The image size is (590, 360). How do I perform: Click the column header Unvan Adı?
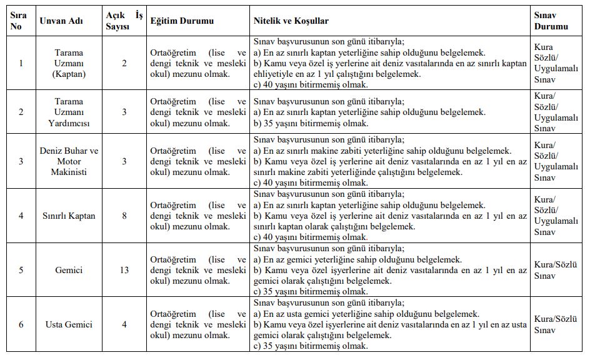click(x=60, y=21)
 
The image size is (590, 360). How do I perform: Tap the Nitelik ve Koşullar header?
click(x=291, y=21)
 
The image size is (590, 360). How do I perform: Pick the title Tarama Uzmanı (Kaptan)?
click(x=69, y=63)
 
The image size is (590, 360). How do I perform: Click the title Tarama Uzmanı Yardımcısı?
click(x=69, y=112)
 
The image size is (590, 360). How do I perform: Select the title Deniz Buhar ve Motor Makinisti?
click(x=69, y=161)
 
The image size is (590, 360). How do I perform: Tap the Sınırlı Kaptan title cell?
click(x=69, y=216)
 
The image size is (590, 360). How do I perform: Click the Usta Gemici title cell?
click(x=69, y=324)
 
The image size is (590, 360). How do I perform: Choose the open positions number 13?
click(x=124, y=270)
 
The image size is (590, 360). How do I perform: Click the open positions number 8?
click(x=124, y=216)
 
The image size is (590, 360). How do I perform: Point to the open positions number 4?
click(x=124, y=324)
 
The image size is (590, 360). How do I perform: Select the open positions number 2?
click(x=124, y=63)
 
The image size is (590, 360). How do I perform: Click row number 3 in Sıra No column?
click(x=21, y=161)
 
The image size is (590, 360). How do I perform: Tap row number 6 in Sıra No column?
click(x=21, y=324)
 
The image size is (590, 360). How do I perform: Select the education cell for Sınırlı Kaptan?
click(x=198, y=216)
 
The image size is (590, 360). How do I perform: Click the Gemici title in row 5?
click(x=69, y=270)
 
